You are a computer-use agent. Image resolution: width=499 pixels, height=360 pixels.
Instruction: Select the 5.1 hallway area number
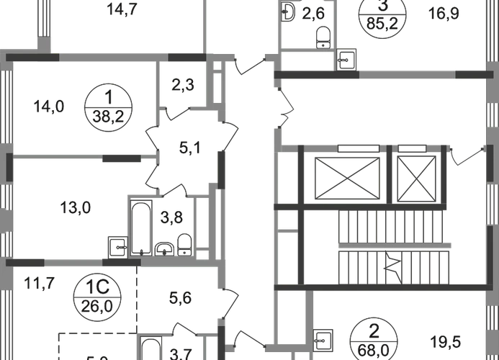[186, 151]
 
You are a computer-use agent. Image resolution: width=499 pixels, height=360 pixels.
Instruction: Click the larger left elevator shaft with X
[348, 176]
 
